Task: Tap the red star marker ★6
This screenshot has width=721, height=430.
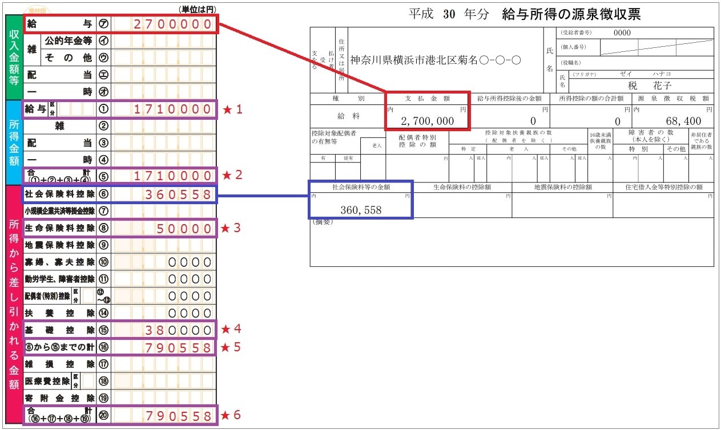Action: (x=231, y=415)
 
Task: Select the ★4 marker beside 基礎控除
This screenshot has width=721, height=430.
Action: (x=231, y=329)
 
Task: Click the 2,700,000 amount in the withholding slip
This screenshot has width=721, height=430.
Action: (x=428, y=121)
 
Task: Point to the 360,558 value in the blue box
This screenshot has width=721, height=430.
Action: (x=360, y=210)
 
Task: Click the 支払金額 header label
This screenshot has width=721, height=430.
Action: (x=427, y=98)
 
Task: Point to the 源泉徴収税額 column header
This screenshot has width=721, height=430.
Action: (x=674, y=98)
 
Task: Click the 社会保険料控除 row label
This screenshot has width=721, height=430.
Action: (x=59, y=194)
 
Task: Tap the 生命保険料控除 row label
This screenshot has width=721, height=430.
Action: (x=59, y=228)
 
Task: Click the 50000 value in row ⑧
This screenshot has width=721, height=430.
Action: (x=185, y=229)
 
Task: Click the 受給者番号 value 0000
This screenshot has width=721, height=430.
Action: (x=622, y=33)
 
